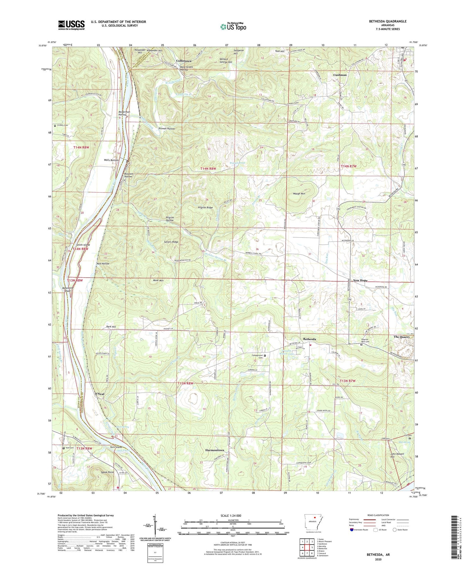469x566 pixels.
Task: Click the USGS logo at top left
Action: tap(71, 25)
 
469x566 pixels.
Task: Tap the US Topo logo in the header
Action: tap(233, 26)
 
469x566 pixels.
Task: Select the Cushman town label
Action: tap(340, 75)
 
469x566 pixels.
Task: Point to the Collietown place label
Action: tap(184, 61)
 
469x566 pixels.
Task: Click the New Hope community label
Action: tap(360, 280)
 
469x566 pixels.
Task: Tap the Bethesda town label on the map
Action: tap(309, 339)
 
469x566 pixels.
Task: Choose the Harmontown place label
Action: tap(215, 450)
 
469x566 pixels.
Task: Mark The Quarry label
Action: tap(401, 337)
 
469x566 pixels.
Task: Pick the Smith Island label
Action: tap(83, 245)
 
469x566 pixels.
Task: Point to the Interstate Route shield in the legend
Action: tap(352, 530)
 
